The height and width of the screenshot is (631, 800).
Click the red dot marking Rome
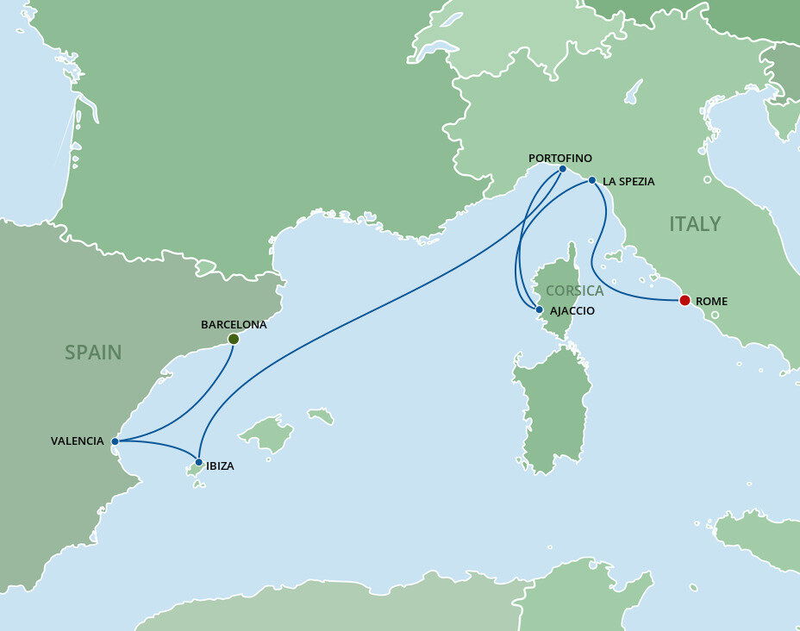click(x=684, y=301)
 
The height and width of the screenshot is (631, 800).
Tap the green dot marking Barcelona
click(x=233, y=339)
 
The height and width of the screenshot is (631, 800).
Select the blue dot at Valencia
click(x=115, y=440)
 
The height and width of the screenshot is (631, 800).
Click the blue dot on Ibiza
click(x=199, y=462)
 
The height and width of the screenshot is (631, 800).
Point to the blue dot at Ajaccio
click(x=539, y=309)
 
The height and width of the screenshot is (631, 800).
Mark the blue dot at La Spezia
click(x=591, y=180)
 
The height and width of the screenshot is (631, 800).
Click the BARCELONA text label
click(x=234, y=325)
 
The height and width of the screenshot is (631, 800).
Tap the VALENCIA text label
click(x=77, y=441)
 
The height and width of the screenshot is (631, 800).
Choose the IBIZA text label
click(x=220, y=466)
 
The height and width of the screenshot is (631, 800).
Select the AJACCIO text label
click(x=571, y=310)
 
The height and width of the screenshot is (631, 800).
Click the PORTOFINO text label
click(x=560, y=158)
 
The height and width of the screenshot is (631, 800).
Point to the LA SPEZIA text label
click(x=628, y=182)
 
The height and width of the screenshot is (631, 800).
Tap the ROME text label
click(x=712, y=302)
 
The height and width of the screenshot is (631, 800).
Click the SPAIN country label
click(x=93, y=352)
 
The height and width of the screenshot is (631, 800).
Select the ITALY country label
click(x=695, y=224)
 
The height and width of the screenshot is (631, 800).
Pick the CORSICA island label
click(x=574, y=291)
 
